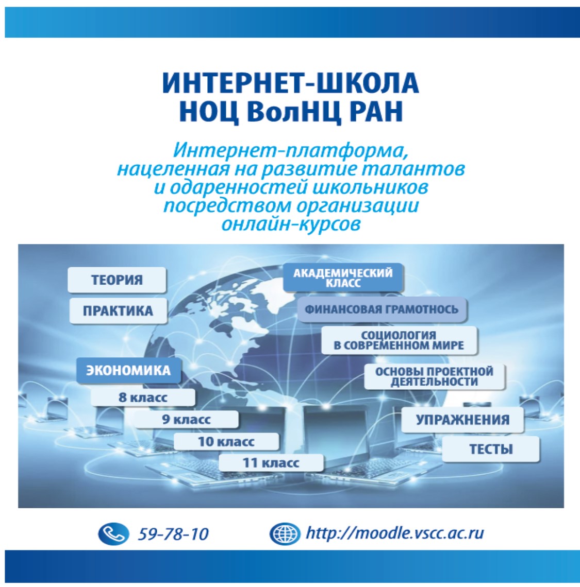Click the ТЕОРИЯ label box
pyautogui.click(x=117, y=280)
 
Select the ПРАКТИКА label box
pyautogui.click(x=118, y=310)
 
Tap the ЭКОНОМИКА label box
pyautogui.click(x=128, y=370)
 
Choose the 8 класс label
pyautogui.click(x=143, y=397)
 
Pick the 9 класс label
pyautogui.click(x=186, y=419)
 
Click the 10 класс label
pyautogui.click(x=226, y=441)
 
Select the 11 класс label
pyautogui.click(x=271, y=463)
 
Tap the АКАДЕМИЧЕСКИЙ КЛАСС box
pyautogui.click(x=343, y=278)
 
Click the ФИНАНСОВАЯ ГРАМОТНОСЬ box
pyautogui.click(x=382, y=309)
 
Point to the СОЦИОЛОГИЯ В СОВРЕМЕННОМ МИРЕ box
pyautogui.click(x=399, y=340)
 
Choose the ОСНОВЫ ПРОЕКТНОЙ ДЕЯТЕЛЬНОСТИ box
pyautogui.click(x=434, y=376)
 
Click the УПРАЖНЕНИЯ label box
pyautogui.click(x=462, y=420)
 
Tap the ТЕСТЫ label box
pyautogui.click(x=491, y=449)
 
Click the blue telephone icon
pyautogui.click(x=113, y=533)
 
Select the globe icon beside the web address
pyautogui.click(x=285, y=533)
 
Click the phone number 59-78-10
pyautogui.click(x=173, y=534)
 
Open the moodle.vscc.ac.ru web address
pyautogui.click(x=395, y=533)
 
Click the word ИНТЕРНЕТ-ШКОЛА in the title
pyautogui.click(x=290, y=83)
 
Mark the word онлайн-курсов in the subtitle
pyautogui.click(x=291, y=224)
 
